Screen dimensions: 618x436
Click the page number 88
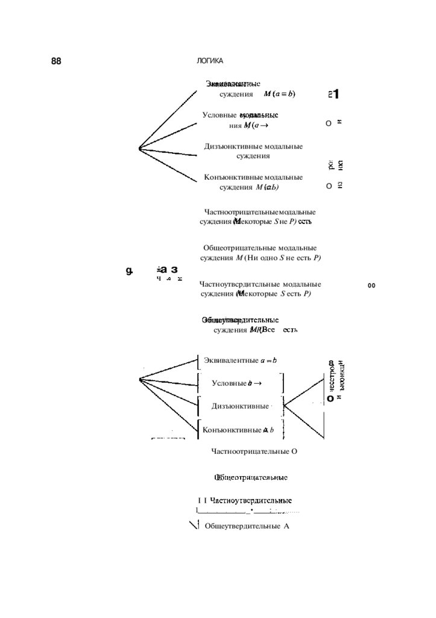[57, 62]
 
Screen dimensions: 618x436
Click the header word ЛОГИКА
[210, 62]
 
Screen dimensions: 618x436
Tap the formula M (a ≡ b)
[279, 94]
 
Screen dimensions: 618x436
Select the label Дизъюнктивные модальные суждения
[253, 151]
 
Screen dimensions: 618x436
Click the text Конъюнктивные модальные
[253, 177]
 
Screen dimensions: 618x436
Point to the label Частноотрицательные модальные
[260, 212]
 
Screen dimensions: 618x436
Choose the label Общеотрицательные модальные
[260, 248]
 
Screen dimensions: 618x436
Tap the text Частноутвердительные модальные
[260, 284]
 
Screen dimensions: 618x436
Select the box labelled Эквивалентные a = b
[240, 361]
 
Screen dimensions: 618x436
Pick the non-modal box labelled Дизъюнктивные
[240, 406]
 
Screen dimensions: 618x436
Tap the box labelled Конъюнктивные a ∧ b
[239, 430]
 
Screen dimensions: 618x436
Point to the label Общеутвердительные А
[247, 526]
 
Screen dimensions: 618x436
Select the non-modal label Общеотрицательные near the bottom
[250, 478]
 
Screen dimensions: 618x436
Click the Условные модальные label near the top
[240, 115]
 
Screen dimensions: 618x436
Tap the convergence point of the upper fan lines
[139, 148]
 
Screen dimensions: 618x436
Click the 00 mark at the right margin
[371, 286]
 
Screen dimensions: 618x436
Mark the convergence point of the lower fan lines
[140, 379]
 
